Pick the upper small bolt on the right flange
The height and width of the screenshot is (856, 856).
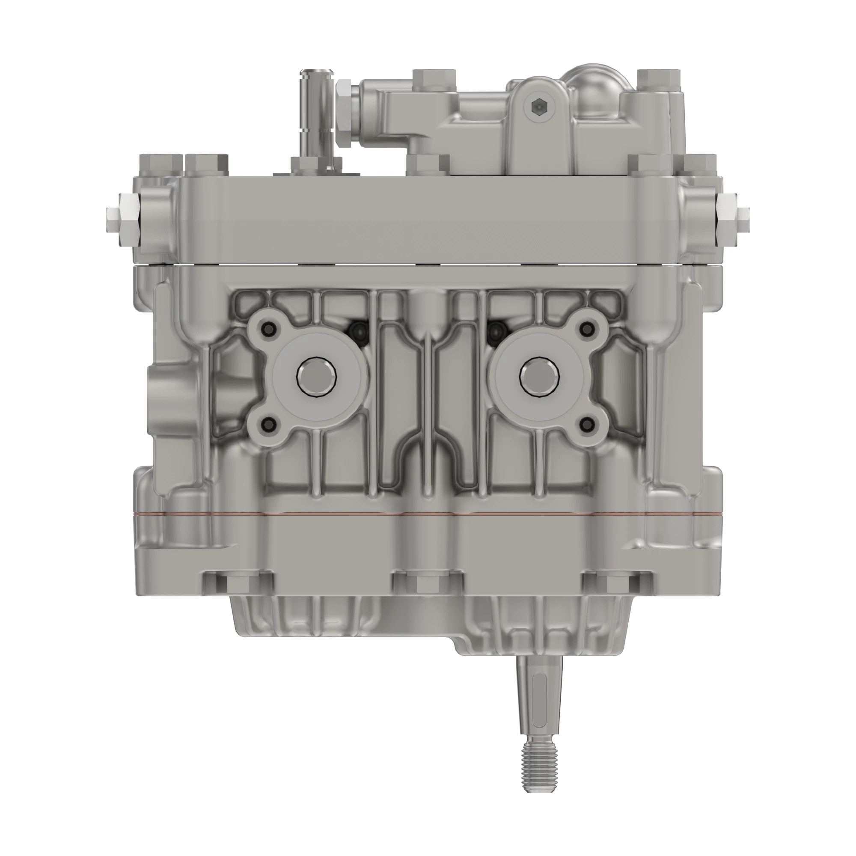point(588,328)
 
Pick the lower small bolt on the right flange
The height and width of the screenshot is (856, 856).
point(588,425)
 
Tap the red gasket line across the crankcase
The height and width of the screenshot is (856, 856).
point(428,515)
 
